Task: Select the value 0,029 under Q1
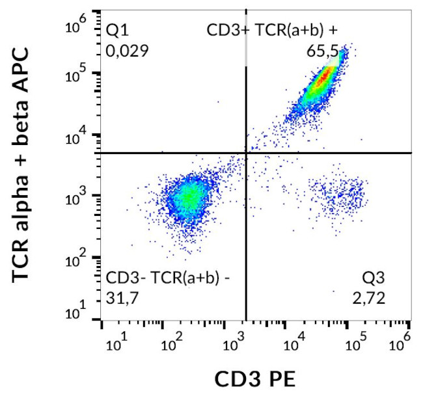click(128, 49)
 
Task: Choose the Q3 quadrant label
click(374, 278)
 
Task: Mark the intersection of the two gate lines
click(246, 153)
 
